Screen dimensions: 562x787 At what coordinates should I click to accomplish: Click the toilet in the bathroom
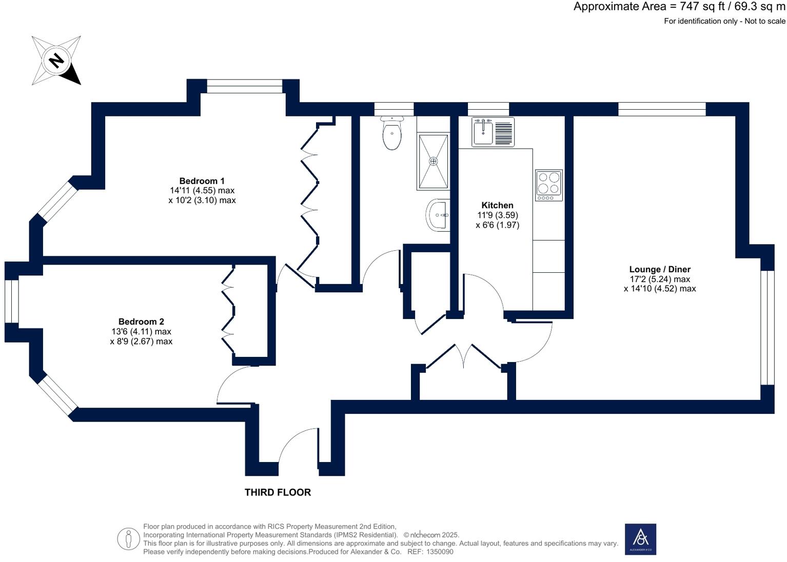pos(392,134)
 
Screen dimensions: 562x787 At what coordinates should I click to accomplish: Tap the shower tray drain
pos(434,162)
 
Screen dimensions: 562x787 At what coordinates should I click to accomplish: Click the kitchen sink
pos(483,132)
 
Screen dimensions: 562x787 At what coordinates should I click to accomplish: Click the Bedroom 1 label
pos(202,181)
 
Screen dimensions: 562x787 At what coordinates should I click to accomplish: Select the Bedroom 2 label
pos(141,322)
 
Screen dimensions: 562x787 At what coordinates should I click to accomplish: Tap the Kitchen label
pos(497,205)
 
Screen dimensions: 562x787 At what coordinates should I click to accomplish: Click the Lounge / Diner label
pos(660,269)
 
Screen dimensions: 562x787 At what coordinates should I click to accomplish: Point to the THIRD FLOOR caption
pos(278,492)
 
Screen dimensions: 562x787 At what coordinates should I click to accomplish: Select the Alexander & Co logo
pos(640,539)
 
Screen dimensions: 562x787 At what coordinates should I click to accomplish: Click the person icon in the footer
pos(128,539)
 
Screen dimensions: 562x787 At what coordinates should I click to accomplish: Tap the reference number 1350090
pos(440,552)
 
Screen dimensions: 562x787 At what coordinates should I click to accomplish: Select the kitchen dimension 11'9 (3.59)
pos(497,215)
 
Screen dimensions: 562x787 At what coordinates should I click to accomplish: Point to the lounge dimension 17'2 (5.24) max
pos(660,279)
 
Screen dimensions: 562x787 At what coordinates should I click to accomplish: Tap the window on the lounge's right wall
pos(767,327)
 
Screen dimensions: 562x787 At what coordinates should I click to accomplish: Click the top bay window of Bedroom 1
pos(245,86)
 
